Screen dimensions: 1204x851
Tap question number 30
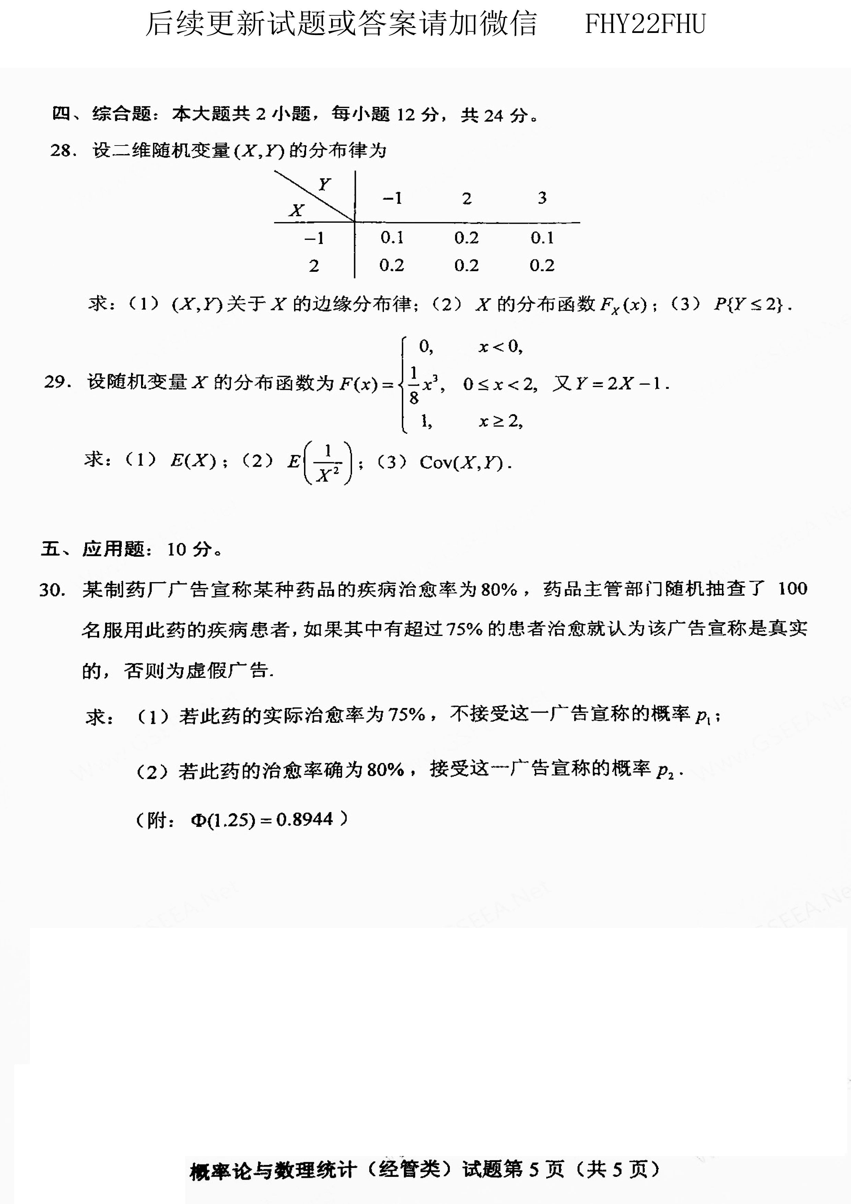pos(52,590)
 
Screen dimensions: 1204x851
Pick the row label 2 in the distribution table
pos(314,266)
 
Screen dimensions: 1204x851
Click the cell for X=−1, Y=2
pos(466,238)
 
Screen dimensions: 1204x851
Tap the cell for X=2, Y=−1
pos(392,265)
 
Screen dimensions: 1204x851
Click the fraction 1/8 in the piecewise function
pos(414,385)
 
